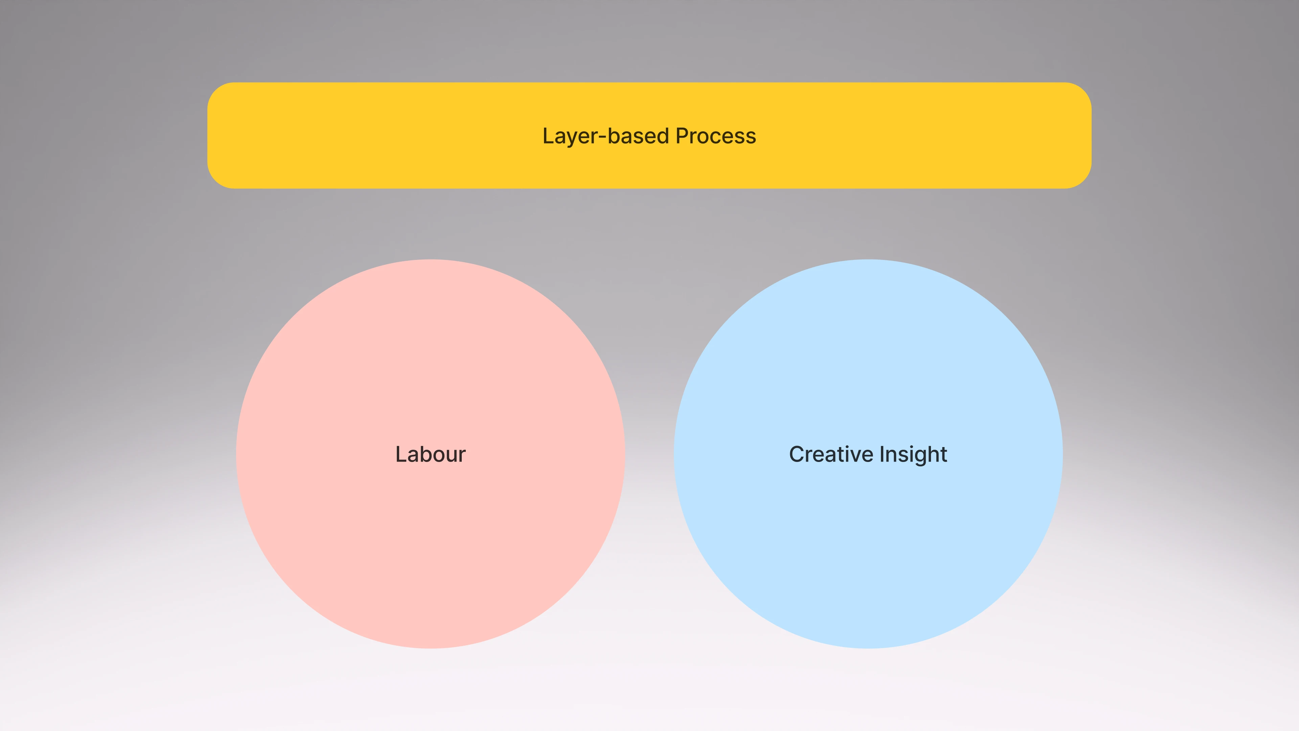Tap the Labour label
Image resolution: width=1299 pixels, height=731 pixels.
coord(430,454)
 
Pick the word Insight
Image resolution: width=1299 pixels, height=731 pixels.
coord(913,454)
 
